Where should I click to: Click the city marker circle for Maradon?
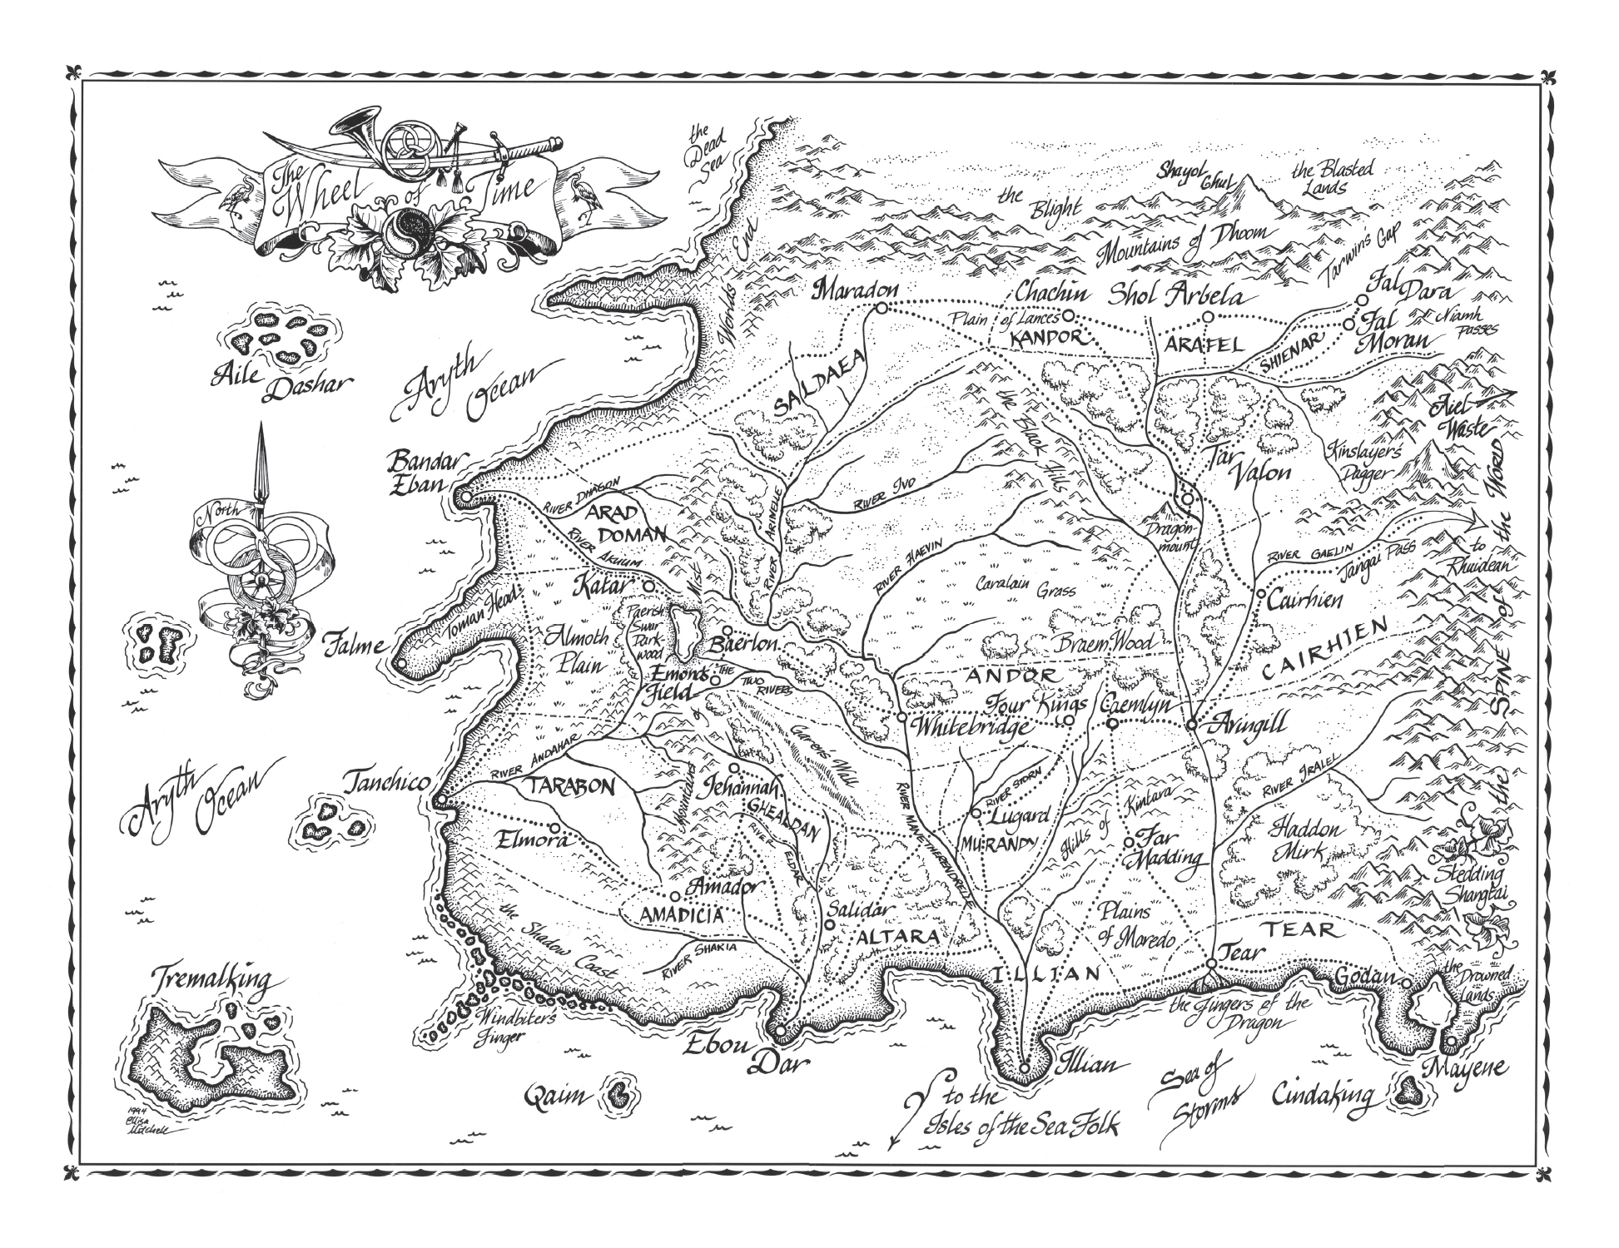pos(880,308)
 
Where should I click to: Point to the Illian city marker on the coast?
pos(1026,1067)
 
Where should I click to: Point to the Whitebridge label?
pos(971,726)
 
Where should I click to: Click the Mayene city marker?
pos(1451,1042)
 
